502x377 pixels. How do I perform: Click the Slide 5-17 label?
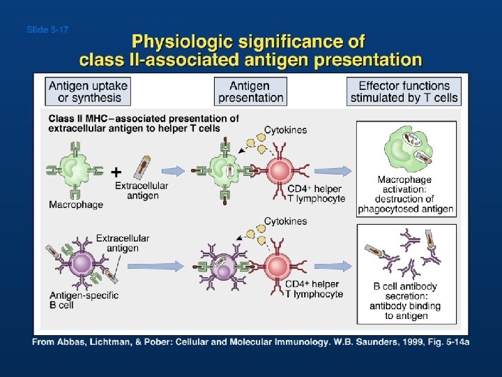[x=47, y=29]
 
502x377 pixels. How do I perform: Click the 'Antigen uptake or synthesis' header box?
[x=89, y=91]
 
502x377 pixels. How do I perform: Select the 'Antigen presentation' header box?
[x=250, y=91]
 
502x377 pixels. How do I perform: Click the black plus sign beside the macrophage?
[x=116, y=171]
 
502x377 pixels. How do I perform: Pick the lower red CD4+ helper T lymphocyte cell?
[x=279, y=266]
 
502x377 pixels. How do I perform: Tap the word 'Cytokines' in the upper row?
[x=285, y=130]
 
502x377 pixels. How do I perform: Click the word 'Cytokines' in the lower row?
[x=285, y=221]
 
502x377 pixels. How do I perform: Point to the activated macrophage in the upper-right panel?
[x=406, y=149]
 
